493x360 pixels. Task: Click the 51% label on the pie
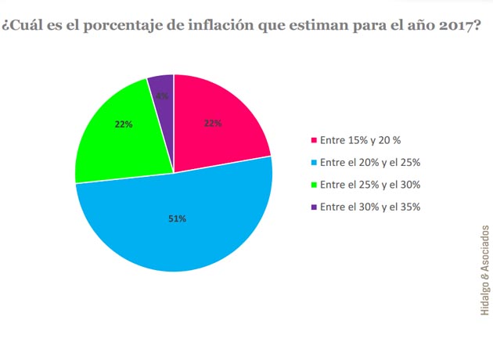click(x=177, y=218)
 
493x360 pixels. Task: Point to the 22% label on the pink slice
click(x=213, y=123)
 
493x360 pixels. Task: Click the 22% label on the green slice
click(x=124, y=124)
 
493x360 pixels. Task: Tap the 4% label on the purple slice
click(x=161, y=96)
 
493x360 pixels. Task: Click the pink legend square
click(x=315, y=141)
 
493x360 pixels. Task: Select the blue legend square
click(x=315, y=163)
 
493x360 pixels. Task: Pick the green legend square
click(x=315, y=185)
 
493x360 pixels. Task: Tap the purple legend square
click(x=315, y=207)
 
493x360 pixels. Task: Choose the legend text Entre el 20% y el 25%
click(x=371, y=163)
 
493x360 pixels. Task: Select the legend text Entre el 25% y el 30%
click(x=371, y=185)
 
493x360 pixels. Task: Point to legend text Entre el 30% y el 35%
click(x=371, y=207)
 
